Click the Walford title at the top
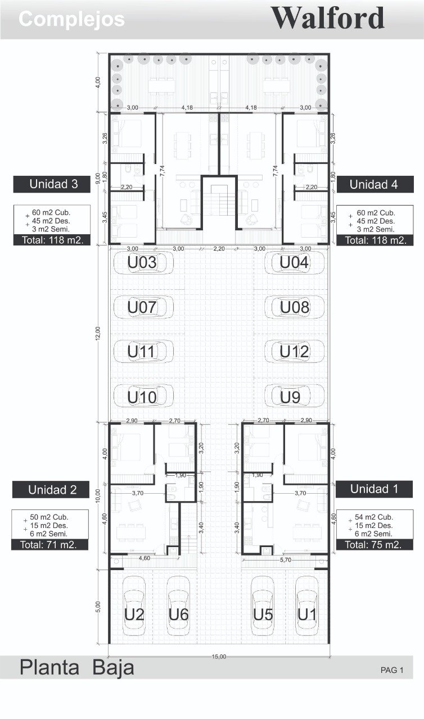coord(328,19)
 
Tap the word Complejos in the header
coord(71,19)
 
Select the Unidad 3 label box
coord(52,184)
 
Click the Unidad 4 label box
coord(375,185)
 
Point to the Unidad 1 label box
coord(374,489)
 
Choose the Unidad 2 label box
coord(51,489)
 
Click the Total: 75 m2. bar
coord(375,545)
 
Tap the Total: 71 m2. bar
coord(50,545)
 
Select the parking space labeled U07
coord(143,307)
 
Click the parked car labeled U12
coord(294,352)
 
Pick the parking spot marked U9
coord(294,396)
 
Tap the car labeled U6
coord(179,606)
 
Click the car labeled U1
coord(307,606)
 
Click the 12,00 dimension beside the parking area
coord(98,333)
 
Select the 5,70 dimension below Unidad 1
coord(285,560)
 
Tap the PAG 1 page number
coord(391,670)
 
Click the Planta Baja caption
coord(77,668)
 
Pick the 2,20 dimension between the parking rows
coord(219,249)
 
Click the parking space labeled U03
coord(143,263)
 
